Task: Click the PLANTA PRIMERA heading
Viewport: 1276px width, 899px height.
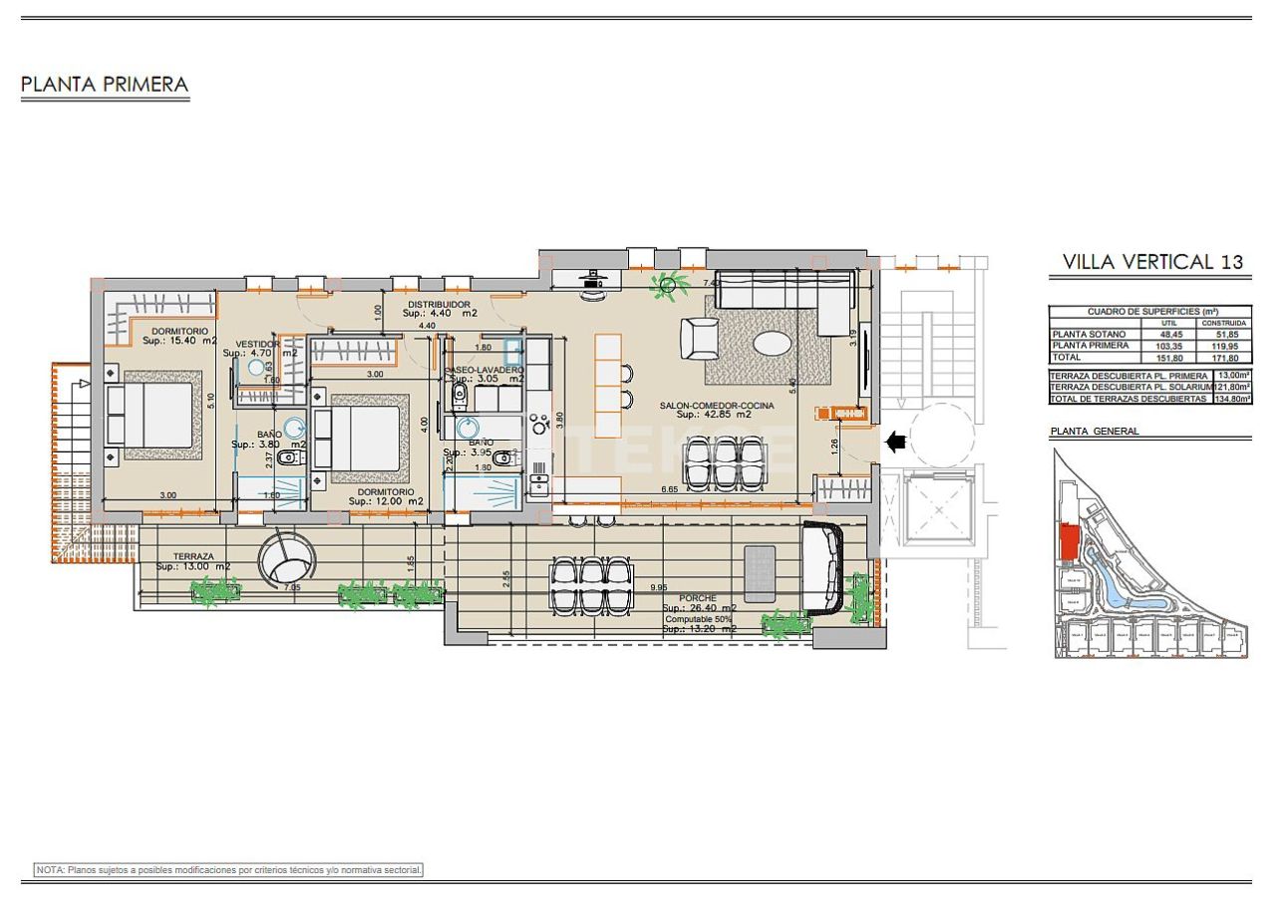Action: [x=105, y=85]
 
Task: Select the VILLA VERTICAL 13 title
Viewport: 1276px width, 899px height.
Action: [x=1152, y=262]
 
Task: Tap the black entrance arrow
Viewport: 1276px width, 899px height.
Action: [x=895, y=440]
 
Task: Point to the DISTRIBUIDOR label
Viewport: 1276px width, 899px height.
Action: [x=439, y=304]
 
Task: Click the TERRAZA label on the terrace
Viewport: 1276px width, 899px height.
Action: [x=193, y=556]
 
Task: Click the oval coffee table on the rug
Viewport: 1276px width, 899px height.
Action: [x=774, y=343]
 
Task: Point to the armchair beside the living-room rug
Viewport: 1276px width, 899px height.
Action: [x=701, y=338]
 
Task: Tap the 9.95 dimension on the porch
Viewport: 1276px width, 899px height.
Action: [x=658, y=588]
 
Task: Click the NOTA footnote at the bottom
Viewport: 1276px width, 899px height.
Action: [x=229, y=870]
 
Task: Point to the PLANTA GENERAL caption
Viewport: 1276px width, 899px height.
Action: [x=1094, y=432]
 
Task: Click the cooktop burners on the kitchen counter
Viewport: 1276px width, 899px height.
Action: [x=541, y=424]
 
